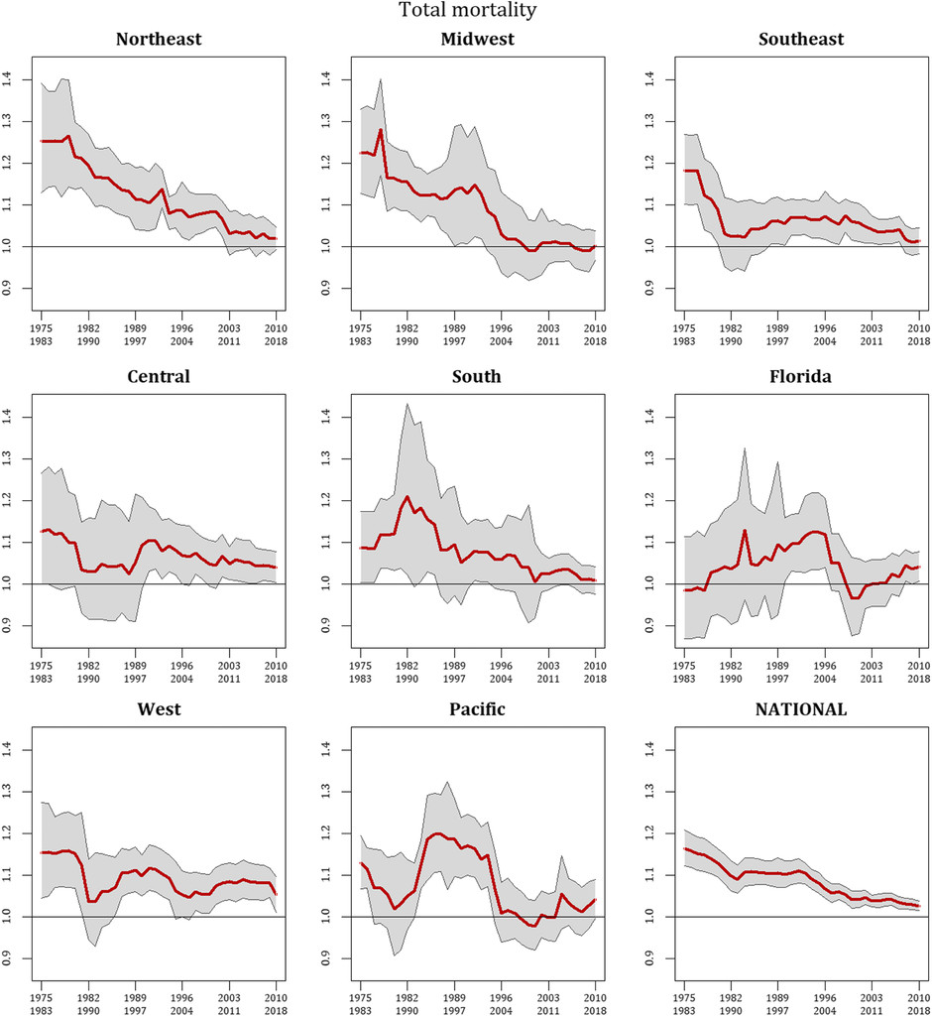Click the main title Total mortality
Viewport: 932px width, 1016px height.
[x=465, y=11]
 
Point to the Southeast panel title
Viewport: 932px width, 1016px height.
[x=801, y=41]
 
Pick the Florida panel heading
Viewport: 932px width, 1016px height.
[x=801, y=378]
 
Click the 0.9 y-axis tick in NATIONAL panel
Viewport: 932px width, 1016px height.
[x=657, y=959]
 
